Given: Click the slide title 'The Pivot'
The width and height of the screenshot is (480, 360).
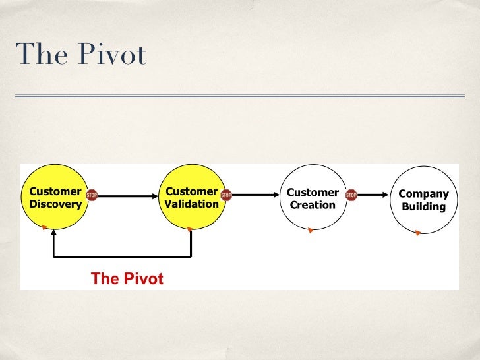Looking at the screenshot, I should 80,55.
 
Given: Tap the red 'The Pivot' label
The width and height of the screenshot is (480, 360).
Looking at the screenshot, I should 127,278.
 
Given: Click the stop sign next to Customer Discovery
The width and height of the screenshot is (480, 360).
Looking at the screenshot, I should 92,195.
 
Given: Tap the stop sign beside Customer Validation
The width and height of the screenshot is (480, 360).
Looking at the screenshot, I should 226,195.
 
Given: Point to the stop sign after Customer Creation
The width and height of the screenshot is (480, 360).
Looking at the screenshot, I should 351,195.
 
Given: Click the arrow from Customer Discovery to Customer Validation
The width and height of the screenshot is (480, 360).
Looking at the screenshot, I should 129,195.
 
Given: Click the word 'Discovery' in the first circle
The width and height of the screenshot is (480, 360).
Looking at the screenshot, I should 56,204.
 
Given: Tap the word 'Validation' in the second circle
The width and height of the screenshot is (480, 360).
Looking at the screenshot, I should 192,204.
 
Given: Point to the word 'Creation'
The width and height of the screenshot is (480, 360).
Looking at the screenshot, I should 313,205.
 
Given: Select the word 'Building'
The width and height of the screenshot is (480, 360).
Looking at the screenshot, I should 424,206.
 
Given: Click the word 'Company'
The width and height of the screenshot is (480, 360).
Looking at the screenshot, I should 424,194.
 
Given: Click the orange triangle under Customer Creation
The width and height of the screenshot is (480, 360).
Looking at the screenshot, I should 311,231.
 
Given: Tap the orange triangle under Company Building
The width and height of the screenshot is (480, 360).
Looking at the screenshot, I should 418,233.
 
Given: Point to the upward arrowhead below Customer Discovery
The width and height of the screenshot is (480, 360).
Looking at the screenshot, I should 54,233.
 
